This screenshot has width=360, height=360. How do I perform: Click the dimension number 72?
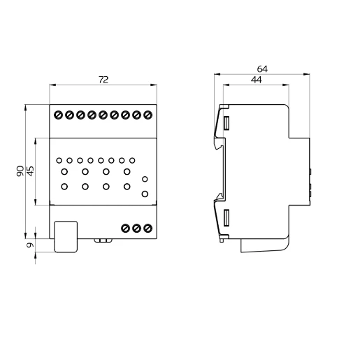pos(103,80)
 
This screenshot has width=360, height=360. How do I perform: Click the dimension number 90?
pos(20,171)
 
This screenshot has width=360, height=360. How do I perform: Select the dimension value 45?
pos(30,171)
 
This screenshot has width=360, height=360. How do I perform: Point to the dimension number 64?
pos(262,69)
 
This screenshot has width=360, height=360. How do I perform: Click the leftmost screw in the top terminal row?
pos(59,114)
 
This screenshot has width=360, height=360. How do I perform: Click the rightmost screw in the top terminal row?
pos(147,114)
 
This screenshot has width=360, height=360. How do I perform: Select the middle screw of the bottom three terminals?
pos(137,229)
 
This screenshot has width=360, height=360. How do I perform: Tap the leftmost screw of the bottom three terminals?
pos(126,229)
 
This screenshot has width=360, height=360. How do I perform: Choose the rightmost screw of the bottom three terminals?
pos(147,229)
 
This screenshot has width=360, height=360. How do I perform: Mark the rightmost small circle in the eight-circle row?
pos(131,159)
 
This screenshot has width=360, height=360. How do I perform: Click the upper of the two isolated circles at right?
pos(144,179)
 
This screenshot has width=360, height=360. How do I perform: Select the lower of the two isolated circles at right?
pos(144,194)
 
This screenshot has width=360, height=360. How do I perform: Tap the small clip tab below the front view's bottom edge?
pos(104,241)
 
